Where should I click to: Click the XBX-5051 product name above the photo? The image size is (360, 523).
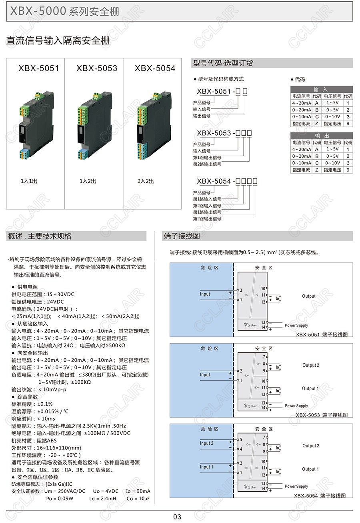(38, 68)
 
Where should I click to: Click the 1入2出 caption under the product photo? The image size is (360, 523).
(88, 181)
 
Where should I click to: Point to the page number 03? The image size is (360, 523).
(177, 517)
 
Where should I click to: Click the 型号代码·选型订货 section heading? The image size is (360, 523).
(223, 63)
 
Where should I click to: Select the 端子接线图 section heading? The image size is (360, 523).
(182, 236)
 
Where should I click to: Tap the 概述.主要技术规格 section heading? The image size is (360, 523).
(40, 236)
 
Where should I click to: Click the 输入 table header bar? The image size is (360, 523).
(322, 89)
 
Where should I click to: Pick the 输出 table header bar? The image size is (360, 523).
(322, 136)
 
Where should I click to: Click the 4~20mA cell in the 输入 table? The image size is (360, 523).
(302, 103)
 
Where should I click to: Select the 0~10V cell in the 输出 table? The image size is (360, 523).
(332, 163)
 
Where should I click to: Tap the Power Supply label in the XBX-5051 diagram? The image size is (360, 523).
(296, 325)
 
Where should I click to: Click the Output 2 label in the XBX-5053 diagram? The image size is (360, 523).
(311, 365)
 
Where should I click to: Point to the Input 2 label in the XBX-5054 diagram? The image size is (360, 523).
(206, 443)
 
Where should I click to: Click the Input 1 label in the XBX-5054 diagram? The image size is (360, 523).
(206, 467)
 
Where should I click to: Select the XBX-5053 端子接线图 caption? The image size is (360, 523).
(322, 415)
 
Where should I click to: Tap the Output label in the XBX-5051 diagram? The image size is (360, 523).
(309, 296)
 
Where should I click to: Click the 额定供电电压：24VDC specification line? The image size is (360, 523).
(38, 302)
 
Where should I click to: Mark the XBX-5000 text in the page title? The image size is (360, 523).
(38, 11)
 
